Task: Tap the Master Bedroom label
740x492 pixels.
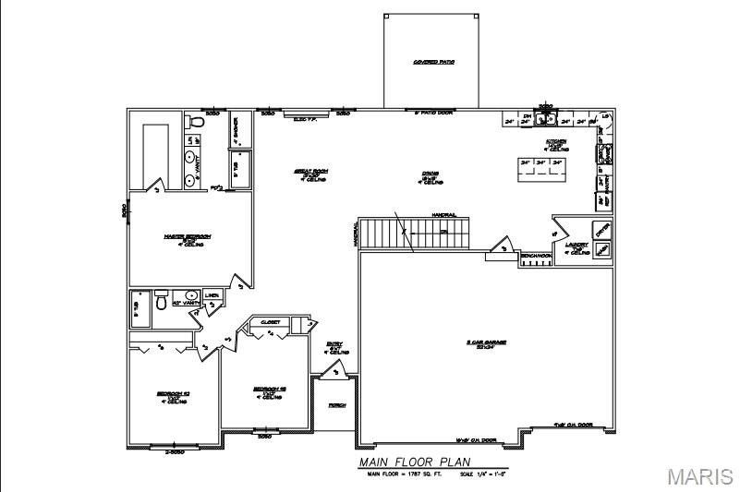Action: (188, 237)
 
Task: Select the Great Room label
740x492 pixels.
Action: (306, 174)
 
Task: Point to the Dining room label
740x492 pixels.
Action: (429, 174)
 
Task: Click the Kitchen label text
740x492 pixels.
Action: (556, 143)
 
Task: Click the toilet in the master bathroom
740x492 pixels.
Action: (195, 121)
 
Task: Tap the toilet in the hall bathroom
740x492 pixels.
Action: (161, 300)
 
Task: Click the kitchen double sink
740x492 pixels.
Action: (546, 118)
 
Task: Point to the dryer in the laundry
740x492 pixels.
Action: (601, 229)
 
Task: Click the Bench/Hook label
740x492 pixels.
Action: (536, 255)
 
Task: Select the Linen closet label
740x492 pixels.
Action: (212, 296)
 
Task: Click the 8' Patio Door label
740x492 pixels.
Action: (432, 114)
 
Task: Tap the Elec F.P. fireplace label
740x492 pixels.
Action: (305, 118)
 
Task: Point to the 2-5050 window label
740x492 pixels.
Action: (175, 451)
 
